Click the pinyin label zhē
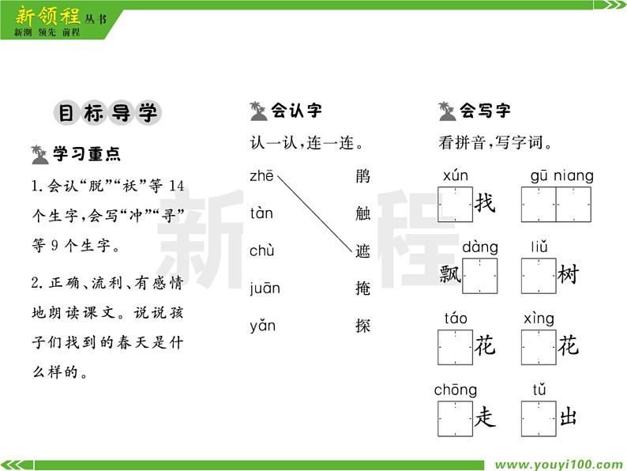coord(261,176)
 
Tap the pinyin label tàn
coord(261,213)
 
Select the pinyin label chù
coord(262,251)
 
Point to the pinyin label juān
coord(265,288)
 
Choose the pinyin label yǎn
coord(263,326)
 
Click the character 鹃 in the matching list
coord(362,176)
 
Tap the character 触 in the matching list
coord(362,213)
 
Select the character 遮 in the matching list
coord(362,251)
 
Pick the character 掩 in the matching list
coord(362,288)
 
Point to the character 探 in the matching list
coord(362,326)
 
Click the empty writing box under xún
coord(456,204)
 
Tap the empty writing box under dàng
coord(480,275)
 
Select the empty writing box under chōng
coord(456,417)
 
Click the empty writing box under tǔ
coord(539,417)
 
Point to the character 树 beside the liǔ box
coord(568,275)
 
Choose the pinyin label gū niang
coord(561,176)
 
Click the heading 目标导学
coord(108,113)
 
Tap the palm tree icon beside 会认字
coord(258,111)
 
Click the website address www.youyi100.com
coord(558,464)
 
